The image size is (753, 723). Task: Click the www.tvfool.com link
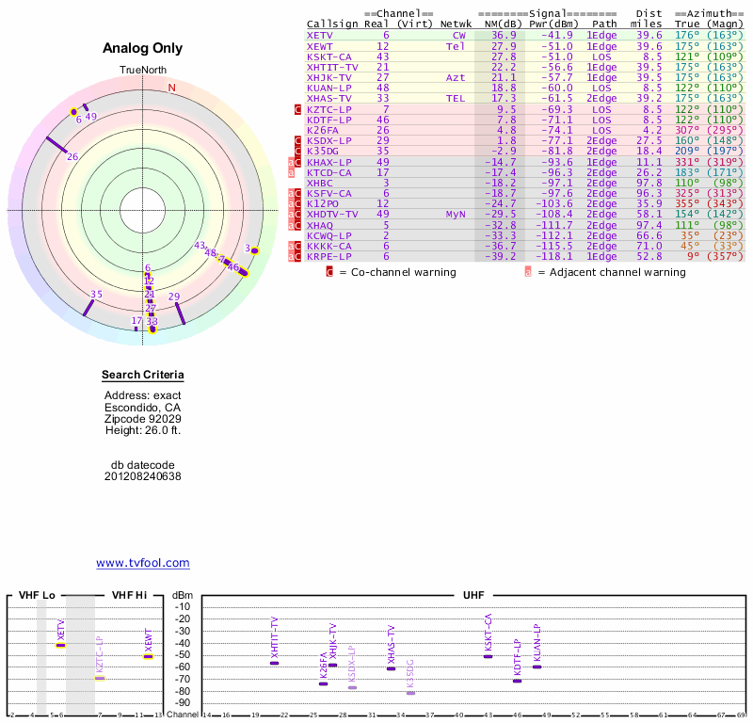coord(143,563)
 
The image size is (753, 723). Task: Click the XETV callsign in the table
coord(321,35)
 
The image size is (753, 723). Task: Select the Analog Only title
coord(142,49)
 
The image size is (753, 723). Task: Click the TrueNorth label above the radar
coord(142,72)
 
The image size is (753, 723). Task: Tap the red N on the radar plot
coord(171,88)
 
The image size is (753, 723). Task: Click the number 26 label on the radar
coord(72,156)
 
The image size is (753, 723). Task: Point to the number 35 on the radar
coord(96,295)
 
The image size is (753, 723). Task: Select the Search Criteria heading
coord(143,376)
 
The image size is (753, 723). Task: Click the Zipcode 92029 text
coord(143,419)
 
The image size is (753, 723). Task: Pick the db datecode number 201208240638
coord(143,476)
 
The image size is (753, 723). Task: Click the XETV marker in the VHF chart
coord(61,645)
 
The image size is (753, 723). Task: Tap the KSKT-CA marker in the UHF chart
coord(489,656)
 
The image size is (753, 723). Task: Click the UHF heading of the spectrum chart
coord(473,596)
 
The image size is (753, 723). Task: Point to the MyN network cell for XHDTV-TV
coord(456,214)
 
